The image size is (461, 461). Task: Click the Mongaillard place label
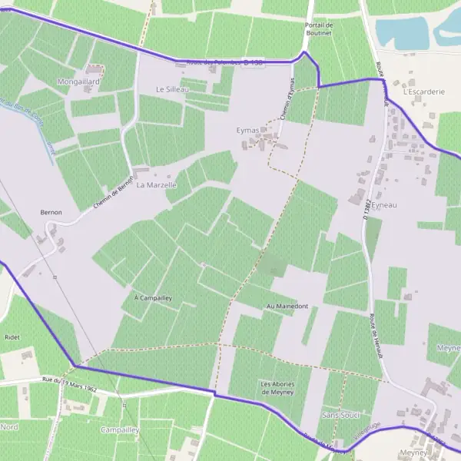(79, 80)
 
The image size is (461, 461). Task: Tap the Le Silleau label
(172, 89)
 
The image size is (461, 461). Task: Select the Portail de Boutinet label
(317, 29)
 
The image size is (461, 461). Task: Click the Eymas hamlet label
(248, 131)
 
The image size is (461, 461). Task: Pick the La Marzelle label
(157, 185)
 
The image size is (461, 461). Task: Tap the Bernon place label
(51, 212)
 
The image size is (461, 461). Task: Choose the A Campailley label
(153, 297)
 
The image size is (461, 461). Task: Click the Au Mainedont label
(287, 307)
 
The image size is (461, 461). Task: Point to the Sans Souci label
(340, 414)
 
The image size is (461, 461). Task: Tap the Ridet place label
(12, 337)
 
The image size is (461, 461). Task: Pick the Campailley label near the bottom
(119, 429)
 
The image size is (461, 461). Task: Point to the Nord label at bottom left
(9, 426)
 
